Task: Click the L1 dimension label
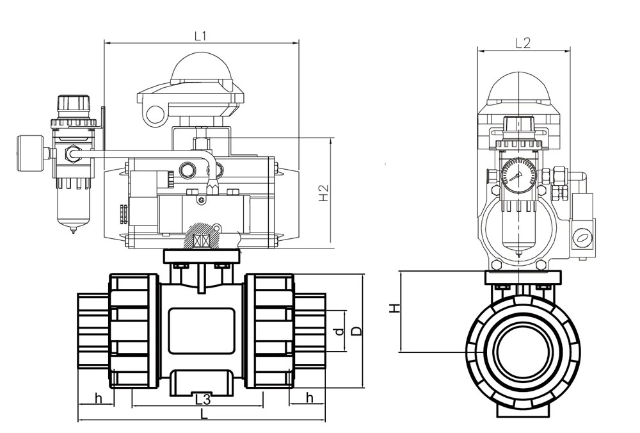(200, 37)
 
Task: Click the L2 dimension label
(523, 44)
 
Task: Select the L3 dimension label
(202, 399)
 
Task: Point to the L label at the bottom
(205, 414)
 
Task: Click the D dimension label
(356, 331)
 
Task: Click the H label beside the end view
(394, 308)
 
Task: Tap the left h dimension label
(98, 398)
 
